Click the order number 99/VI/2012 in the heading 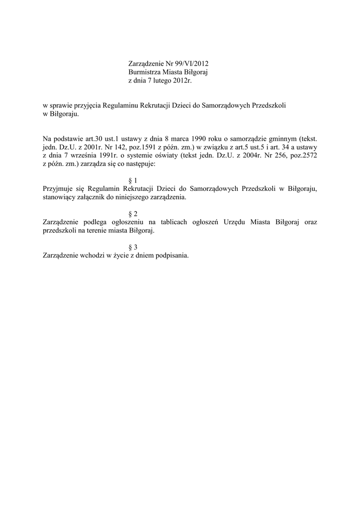click(x=191, y=64)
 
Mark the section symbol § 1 click(x=133, y=180)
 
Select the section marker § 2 click(x=133, y=214)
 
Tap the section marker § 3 click(x=133, y=247)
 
